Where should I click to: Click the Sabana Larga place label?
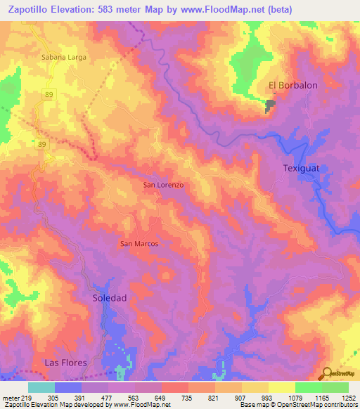click(x=64, y=58)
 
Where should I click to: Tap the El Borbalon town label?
click(x=293, y=86)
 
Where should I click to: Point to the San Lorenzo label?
click(x=163, y=184)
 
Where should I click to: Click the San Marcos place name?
click(x=139, y=244)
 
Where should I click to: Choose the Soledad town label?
click(x=110, y=298)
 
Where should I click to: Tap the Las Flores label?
click(x=65, y=363)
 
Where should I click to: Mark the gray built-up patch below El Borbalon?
click(x=271, y=106)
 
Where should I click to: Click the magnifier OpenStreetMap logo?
click(x=326, y=373)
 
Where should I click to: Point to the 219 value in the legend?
click(x=29, y=397)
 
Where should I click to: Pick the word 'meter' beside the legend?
click(x=11, y=397)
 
